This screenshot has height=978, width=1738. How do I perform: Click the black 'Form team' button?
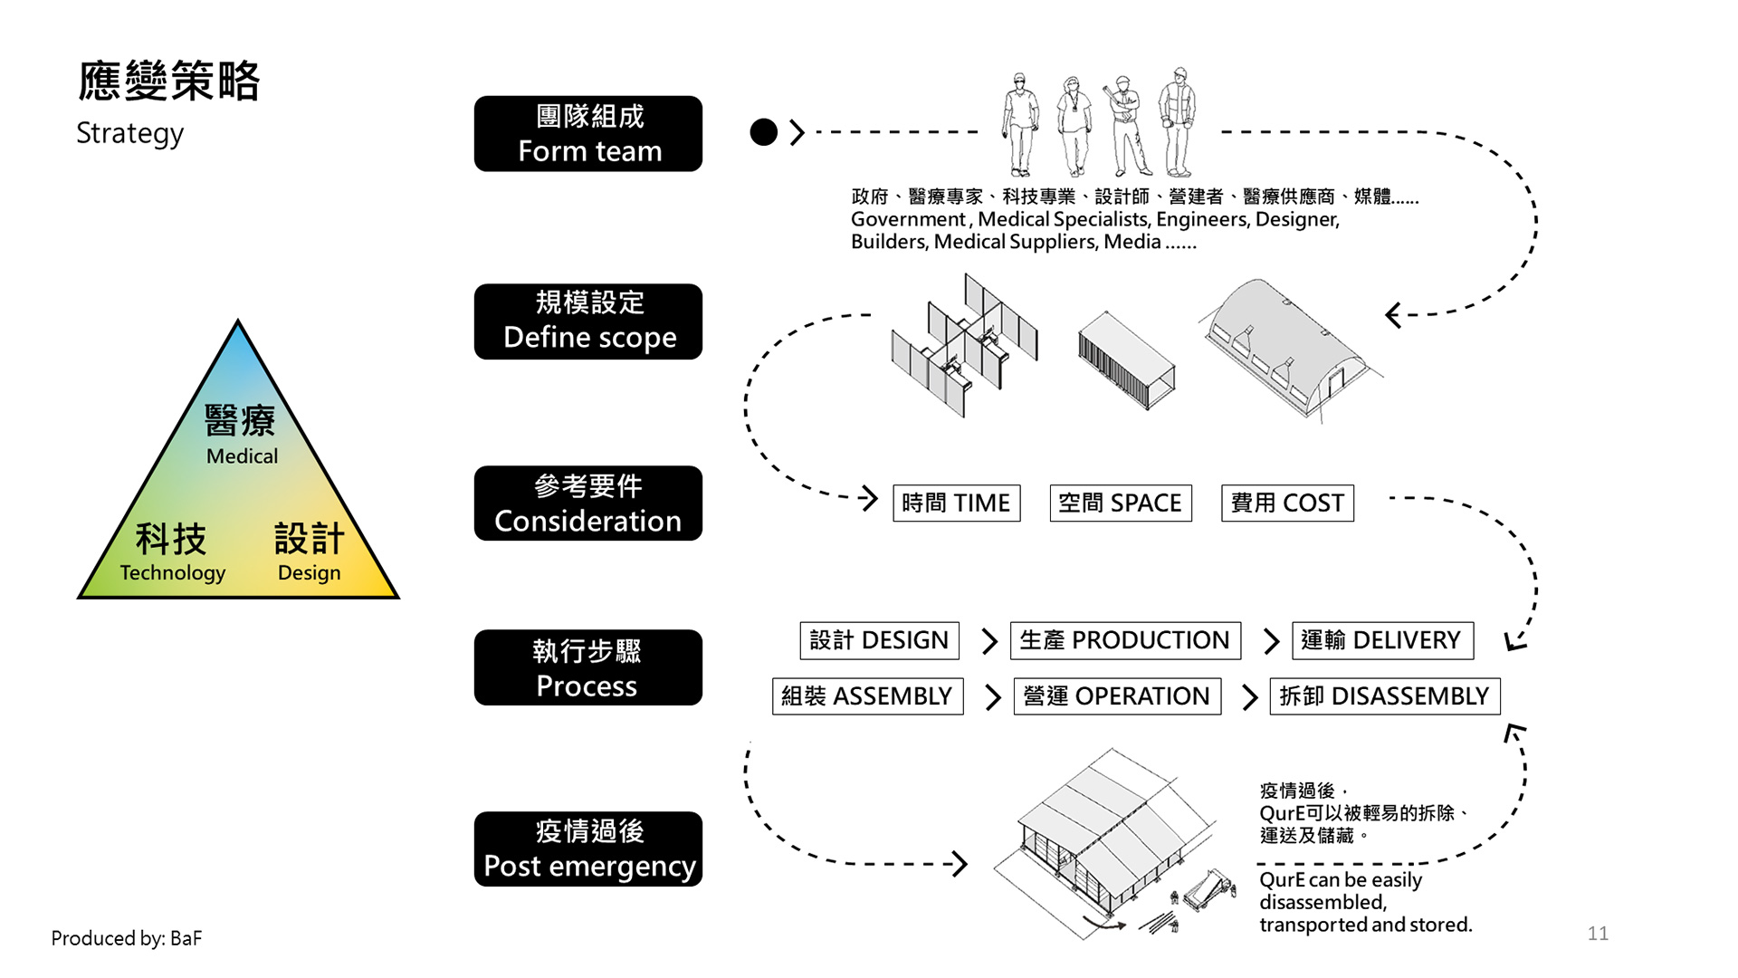point(588,134)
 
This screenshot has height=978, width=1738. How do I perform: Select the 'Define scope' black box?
point(588,321)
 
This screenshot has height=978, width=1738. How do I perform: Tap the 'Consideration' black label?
point(588,503)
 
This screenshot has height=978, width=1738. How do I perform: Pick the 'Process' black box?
point(588,667)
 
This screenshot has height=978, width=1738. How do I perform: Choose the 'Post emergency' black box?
point(588,849)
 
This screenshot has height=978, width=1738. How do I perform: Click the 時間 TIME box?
point(956,503)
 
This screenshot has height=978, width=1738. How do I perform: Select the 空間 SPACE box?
point(1120,503)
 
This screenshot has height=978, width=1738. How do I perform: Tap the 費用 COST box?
point(1287,503)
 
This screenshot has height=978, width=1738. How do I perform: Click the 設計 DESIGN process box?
point(879,640)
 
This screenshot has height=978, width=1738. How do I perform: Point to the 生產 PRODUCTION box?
point(1125,640)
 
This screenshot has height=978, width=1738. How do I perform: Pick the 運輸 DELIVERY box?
point(1382,640)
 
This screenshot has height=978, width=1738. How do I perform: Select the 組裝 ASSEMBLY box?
point(867,696)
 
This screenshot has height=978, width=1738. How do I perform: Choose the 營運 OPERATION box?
point(1117,696)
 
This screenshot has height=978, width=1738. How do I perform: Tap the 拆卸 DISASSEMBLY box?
point(1384,696)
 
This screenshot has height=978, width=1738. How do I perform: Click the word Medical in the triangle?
point(242,456)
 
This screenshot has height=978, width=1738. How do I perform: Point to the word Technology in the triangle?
point(173,573)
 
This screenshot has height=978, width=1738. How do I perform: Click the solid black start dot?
point(764,132)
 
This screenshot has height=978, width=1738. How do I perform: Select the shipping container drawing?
point(1126,360)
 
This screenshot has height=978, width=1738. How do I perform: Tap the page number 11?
point(1598,934)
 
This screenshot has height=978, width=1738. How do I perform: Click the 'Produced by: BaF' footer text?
point(127,938)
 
